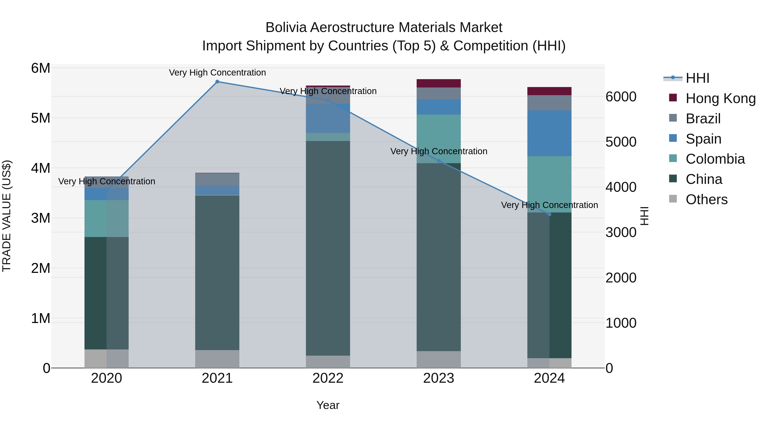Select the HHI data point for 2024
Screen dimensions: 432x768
(x=550, y=214)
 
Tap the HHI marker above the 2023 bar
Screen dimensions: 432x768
(x=439, y=161)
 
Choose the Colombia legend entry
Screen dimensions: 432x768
(x=715, y=159)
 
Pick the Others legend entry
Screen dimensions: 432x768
(x=706, y=199)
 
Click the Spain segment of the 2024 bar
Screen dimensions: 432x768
(x=550, y=133)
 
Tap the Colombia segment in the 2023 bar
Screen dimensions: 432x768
(x=439, y=139)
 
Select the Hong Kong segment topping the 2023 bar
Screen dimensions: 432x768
(x=439, y=83)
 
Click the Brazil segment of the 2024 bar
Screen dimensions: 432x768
(x=550, y=103)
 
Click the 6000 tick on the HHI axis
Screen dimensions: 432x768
(x=621, y=97)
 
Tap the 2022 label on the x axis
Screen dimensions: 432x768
(x=328, y=378)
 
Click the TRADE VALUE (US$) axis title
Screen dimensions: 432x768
(x=7, y=216)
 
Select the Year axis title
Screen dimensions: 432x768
(x=328, y=405)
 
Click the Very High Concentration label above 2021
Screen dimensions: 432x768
(x=217, y=73)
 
